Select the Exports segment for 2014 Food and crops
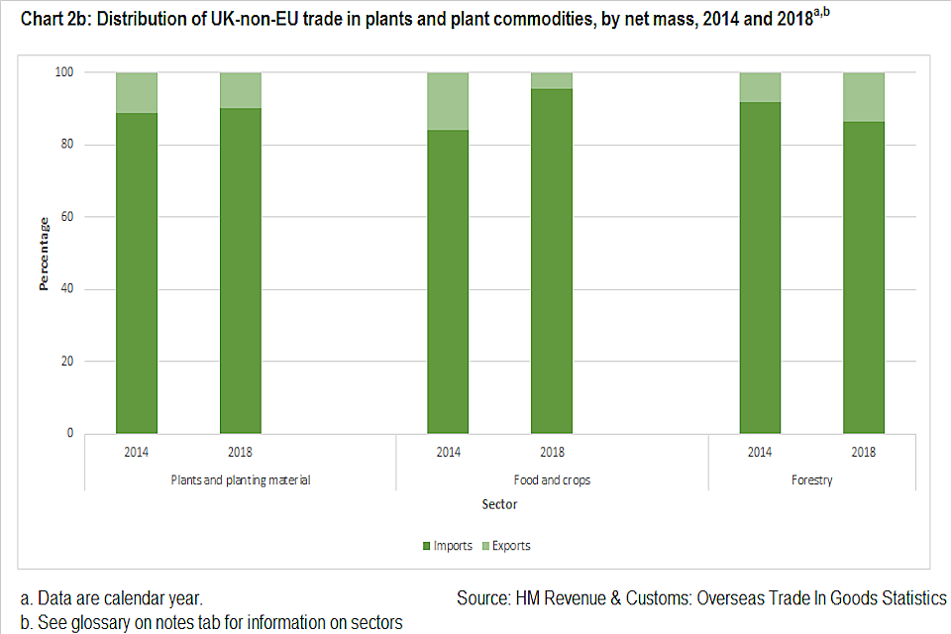[448, 101]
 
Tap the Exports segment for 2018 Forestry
[863, 97]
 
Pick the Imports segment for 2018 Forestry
[863, 277]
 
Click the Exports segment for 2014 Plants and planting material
[137, 93]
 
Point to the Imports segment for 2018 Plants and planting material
[241, 270]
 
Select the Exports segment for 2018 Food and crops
[552, 81]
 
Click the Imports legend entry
[452, 546]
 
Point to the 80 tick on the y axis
[65, 145]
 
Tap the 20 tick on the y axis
[65, 362]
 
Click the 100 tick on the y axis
[62, 72]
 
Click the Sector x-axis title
[499, 504]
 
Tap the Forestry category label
[811, 480]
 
